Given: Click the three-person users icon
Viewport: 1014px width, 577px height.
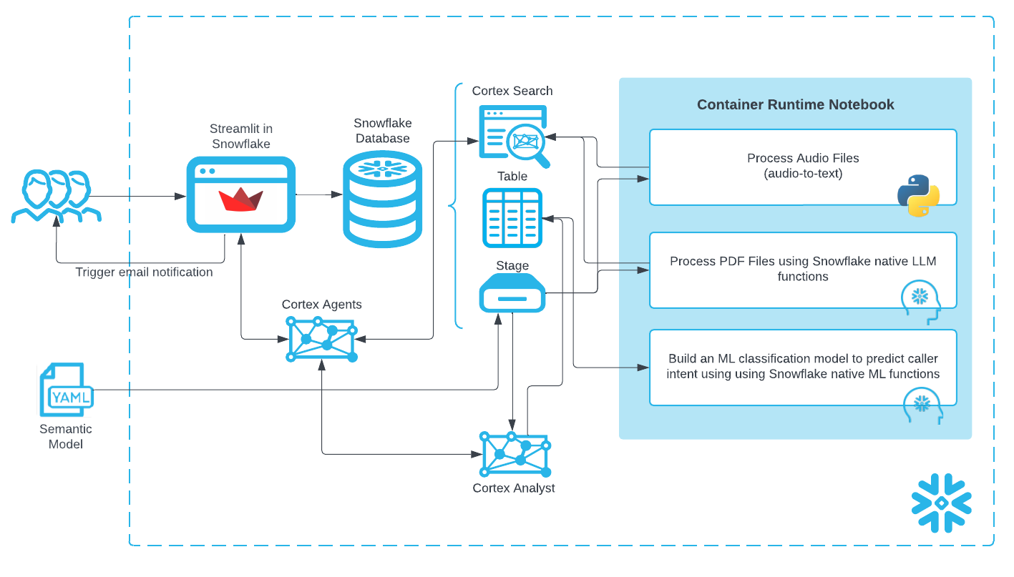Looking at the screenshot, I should pos(56,196).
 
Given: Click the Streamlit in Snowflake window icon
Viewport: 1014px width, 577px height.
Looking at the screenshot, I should pos(241,194).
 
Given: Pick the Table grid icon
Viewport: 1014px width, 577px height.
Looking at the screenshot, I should pos(512,218).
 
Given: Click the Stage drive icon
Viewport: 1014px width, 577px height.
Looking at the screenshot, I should pos(512,293).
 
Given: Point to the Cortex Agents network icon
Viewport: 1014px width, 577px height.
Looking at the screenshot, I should pos(322,339).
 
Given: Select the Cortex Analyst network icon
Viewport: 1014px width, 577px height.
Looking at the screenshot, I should pos(515,455).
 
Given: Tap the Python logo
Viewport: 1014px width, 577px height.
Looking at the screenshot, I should pos(918,195).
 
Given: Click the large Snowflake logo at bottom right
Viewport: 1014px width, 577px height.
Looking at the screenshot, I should pos(941,503).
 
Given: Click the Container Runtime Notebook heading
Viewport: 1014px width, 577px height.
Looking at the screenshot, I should pos(795,104).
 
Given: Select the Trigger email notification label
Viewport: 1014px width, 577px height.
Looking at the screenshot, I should pos(144,272).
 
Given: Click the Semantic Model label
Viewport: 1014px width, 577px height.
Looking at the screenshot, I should pos(66,437).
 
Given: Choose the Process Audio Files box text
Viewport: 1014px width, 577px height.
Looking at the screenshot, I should pos(802,165).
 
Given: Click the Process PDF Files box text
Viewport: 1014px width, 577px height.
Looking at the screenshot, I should pos(802,269).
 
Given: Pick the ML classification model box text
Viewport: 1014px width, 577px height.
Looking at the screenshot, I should pos(802,366).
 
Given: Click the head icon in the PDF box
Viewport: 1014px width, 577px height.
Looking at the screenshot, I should pos(920,301).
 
